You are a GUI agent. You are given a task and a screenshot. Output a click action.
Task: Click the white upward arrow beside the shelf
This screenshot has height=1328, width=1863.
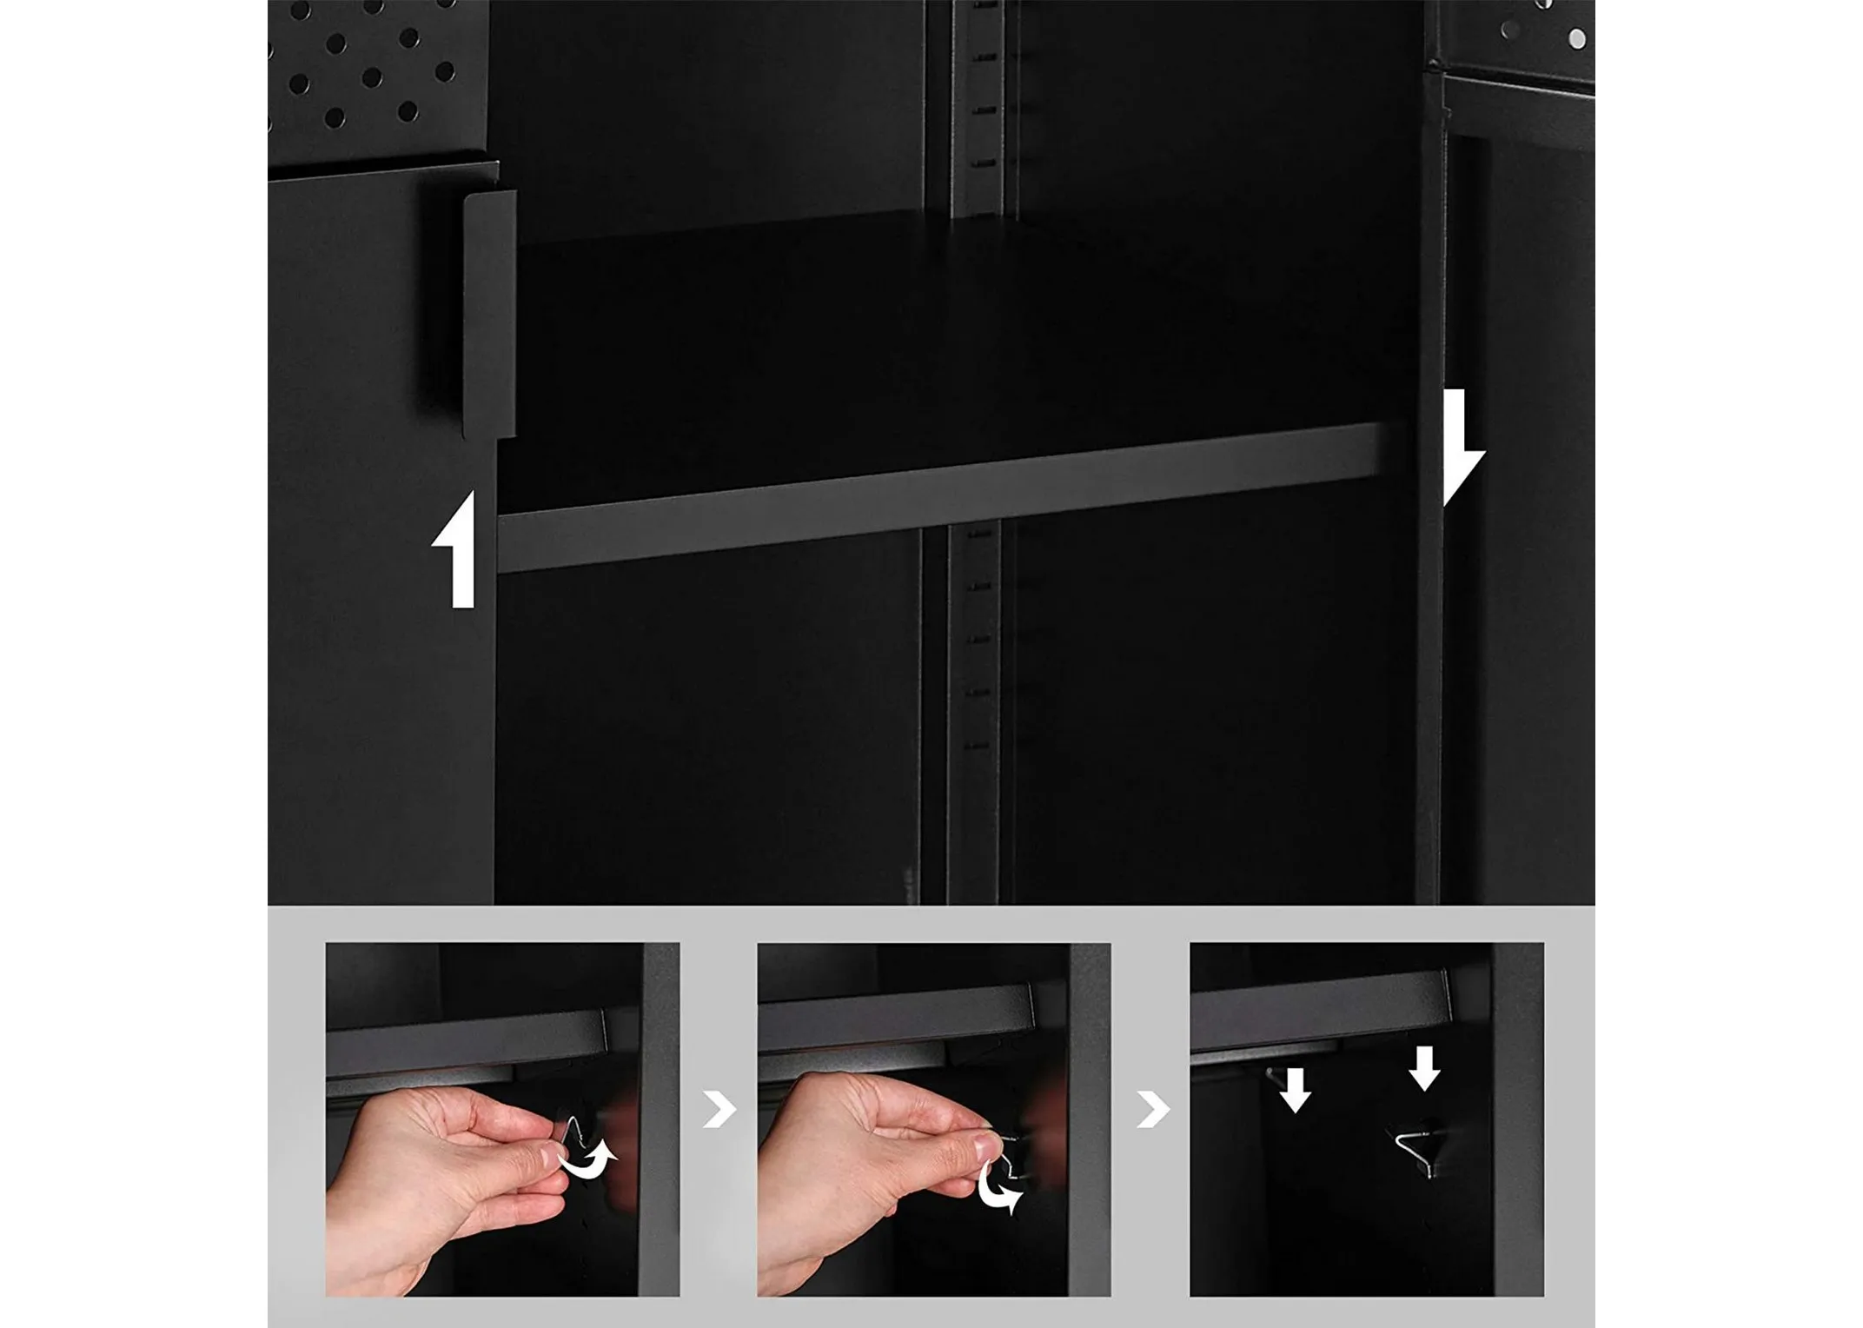tap(459, 551)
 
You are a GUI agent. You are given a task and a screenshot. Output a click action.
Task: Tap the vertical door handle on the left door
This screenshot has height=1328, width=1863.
tap(489, 313)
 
